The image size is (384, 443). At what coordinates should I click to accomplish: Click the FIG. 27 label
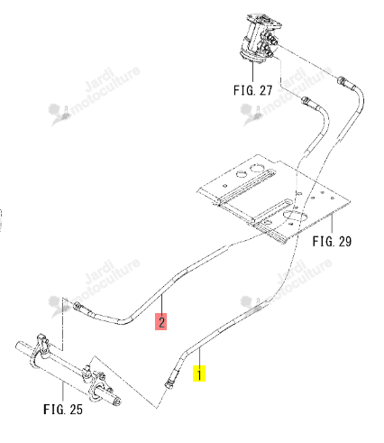pyautogui.click(x=252, y=90)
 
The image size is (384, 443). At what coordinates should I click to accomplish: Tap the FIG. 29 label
pyautogui.click(x=332, y=241)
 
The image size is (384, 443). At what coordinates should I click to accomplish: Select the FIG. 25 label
pyautogui.click(x=63, y=410)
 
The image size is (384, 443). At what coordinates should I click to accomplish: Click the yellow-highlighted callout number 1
pyautogui.click(x=199, y=374)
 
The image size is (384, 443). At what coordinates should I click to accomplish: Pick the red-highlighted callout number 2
pyautogui.click(x=161, y=321)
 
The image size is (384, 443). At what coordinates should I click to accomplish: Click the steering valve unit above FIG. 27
pyautogui.click(x=261, y=38)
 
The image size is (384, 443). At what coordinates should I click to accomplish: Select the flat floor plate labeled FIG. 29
pyautogui.click(x=273, y=198)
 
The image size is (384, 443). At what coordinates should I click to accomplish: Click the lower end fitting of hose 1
pyautogui.click(x=169, y=383)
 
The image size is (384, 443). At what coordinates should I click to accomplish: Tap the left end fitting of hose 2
pyautogui.click(x=78, y=307)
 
